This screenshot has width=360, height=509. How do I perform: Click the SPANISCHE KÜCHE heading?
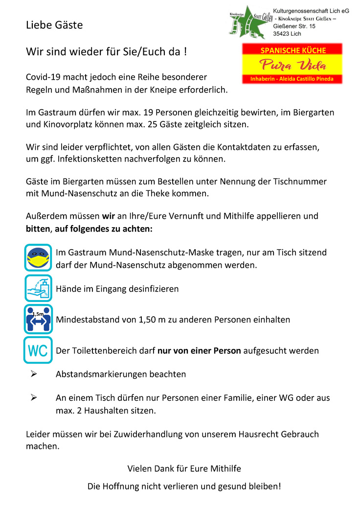[293, 50]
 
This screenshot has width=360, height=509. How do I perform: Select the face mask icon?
[38, 257]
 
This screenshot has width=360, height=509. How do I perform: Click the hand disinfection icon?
[38, 288]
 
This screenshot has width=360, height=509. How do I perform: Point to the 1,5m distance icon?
[38, 319]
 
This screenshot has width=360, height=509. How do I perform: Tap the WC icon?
[38, 350]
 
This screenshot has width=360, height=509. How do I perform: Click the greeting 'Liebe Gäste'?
[54, 25]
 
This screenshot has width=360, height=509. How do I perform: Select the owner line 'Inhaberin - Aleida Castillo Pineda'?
[292, 78]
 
